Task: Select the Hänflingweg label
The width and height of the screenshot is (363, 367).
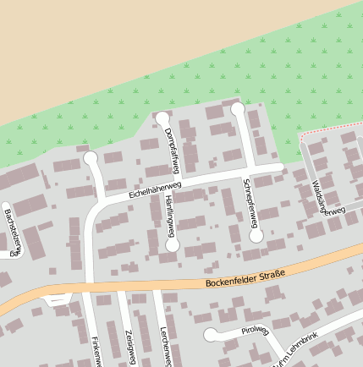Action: click(x=170, y=216)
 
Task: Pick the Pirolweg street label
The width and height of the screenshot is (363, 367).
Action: click(x=253, y=331)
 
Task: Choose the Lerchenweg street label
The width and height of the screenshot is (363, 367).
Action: click(x=167, y=348)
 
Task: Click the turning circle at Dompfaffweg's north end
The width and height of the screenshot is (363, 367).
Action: click(x=162, y=118)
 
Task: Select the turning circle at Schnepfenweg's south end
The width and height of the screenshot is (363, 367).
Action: click(x=256, y=236)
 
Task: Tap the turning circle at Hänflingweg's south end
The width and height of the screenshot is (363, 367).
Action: click(x=173, y=244)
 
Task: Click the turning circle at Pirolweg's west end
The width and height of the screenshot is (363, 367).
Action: click(x=209, y=335)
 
